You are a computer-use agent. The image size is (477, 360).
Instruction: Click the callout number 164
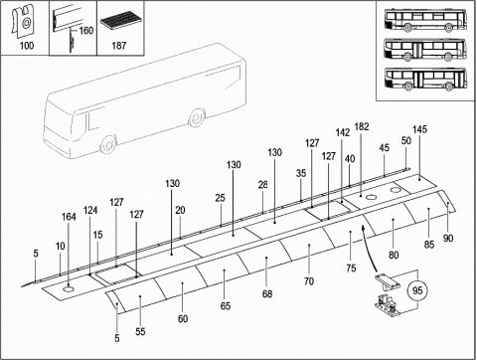pos(69,217)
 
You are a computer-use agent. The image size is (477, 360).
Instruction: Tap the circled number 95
pos(417,290)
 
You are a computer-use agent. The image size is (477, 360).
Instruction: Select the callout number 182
pos(362,126)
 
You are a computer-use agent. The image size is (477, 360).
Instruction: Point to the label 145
pos(419,129)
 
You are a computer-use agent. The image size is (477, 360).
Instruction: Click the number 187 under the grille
pos(119,46)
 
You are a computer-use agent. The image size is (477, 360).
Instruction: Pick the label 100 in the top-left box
pos(27,46)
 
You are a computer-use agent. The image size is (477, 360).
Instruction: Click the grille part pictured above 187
pos(120,21)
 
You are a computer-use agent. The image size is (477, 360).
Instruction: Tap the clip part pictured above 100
pos(23,20)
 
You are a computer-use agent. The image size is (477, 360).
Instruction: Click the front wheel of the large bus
pos(108,144)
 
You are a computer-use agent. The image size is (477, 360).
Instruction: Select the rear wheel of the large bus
pos(197,117)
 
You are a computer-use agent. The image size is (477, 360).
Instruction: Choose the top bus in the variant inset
pos(425,20)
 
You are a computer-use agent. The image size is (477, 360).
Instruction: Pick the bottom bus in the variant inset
pos(425,79)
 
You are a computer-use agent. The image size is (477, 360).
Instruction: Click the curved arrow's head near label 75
pos(364,228)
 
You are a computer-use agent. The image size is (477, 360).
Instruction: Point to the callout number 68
pos(267,293)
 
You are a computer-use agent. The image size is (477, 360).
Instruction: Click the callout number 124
pos(90,210)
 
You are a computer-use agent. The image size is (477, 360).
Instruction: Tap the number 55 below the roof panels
pos(140,331)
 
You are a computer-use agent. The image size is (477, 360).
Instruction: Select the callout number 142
pos(343,132)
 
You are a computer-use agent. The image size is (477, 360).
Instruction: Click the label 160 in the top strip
pos(86,31)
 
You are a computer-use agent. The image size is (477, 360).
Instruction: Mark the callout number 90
pos(448,238)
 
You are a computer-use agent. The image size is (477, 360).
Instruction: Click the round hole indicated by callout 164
pos(69,289)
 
